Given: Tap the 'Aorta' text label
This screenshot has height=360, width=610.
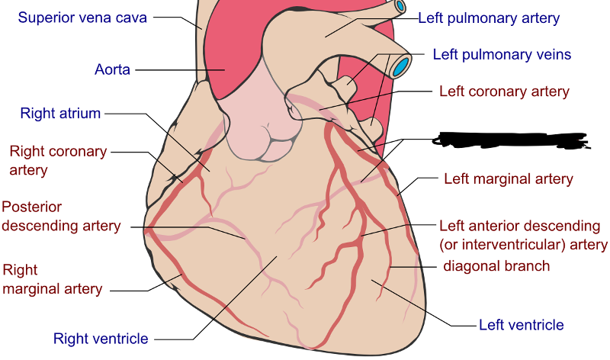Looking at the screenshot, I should (112, 70).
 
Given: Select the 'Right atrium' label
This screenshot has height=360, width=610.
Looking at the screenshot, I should (60, 114).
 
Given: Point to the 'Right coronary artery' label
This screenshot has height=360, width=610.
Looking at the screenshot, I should (57, 159).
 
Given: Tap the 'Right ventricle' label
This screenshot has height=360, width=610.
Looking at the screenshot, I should (101, 339).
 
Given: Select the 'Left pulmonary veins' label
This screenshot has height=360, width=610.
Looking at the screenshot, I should (502, 55).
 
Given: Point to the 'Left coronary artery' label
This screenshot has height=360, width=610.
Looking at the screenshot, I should (504, 92).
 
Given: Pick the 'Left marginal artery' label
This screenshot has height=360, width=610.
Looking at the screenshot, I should (508, 179).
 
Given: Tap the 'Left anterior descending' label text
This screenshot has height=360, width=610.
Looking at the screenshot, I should (518, 227).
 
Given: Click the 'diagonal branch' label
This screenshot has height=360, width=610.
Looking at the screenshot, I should (496, 266).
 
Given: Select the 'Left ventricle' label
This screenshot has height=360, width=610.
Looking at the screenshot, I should (521, 325).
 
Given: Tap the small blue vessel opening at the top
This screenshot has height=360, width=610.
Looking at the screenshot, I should (400, 7).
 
